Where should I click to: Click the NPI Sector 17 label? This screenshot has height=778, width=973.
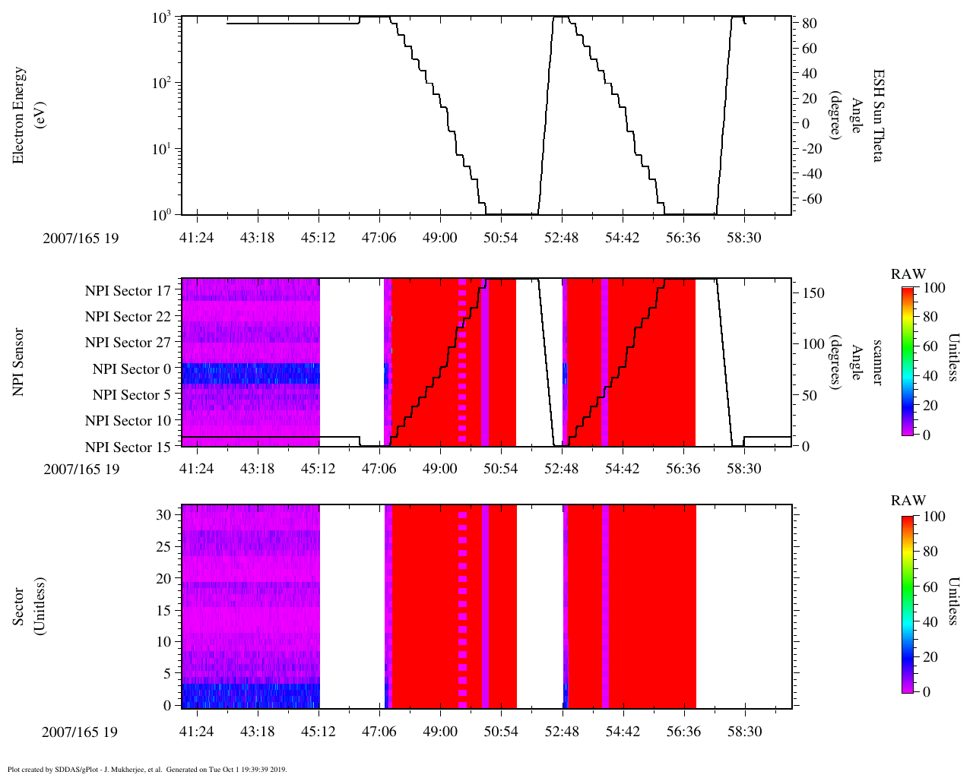[x=128, y=290]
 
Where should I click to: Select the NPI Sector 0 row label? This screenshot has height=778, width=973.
[x=132, y=369]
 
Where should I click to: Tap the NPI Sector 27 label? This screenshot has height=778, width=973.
[x=128, y=343]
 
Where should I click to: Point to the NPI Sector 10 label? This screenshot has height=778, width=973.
[x=128, y=421]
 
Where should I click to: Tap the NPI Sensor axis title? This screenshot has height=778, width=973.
[x=18, y=362]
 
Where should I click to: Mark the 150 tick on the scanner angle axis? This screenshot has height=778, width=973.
[x=814, y=293]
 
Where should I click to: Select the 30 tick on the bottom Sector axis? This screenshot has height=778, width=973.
[x=164, y=514]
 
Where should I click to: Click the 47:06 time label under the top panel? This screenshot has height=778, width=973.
[x=379, y=238]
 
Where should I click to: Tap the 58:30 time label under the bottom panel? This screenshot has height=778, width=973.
[x=744, y=732]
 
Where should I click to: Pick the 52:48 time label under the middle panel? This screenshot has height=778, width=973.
[x=561, y=469]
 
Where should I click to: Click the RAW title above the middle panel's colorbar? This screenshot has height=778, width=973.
[x=908, y=274]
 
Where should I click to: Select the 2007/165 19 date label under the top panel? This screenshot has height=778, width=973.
[x=81, y=238]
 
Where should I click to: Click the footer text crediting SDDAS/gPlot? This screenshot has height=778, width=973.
[x=147, y=769]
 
